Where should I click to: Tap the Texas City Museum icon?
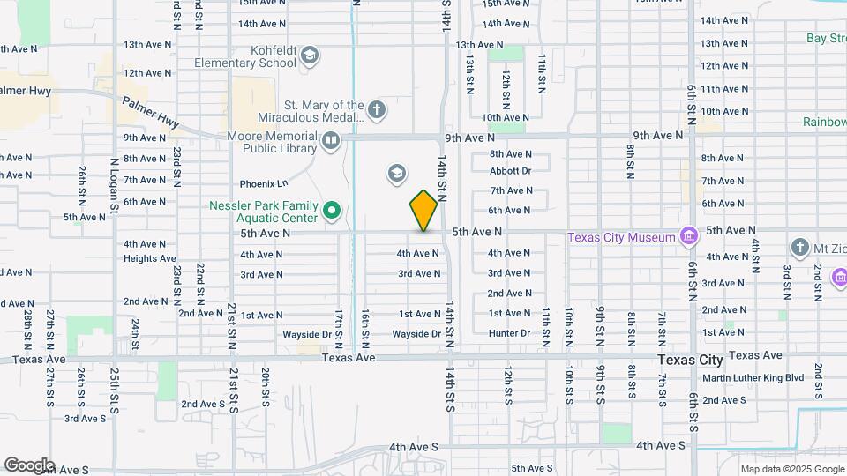[689, 236]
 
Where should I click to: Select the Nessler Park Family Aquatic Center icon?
[332, 210]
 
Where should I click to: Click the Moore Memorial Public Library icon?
[331, 140]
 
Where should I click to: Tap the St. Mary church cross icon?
[377, 110]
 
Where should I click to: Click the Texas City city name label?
[690, 360]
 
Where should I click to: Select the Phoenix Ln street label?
[264, 184]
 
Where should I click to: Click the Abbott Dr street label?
[511, 171]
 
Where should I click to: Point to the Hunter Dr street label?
[509, 333]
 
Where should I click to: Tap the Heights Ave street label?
[149, 258]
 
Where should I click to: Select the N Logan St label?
[115, 186]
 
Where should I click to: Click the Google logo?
[29, 465]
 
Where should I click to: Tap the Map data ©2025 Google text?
[792, 469]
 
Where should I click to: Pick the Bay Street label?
[827, 38]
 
